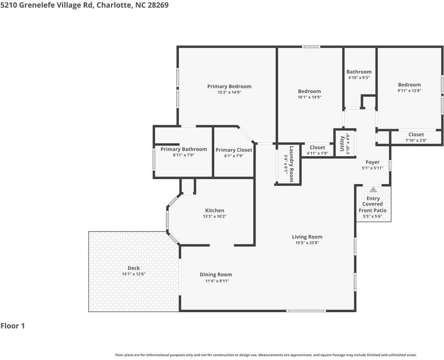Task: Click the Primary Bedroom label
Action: coord(229,86)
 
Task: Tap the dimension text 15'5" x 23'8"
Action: coord(307,243)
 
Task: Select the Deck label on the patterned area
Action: coord(134,268)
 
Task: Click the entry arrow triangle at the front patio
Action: coord(373,190)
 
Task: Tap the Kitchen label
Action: coord(214,211)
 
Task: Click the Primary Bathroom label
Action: coord(184,149)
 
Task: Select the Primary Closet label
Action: coord(234,150)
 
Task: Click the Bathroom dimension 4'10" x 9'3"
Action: coord(359,78)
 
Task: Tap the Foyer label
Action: coord(373,162)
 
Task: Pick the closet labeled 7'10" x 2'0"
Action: coord(416,141)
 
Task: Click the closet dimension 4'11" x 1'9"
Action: coord(317,153)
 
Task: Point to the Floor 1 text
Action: coord(13,326)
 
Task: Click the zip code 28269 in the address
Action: coord(157,5)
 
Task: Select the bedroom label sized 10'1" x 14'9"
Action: coord(309,91)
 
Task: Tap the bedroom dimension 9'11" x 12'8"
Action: coord(409,91)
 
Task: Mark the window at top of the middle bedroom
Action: coord(312,47)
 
